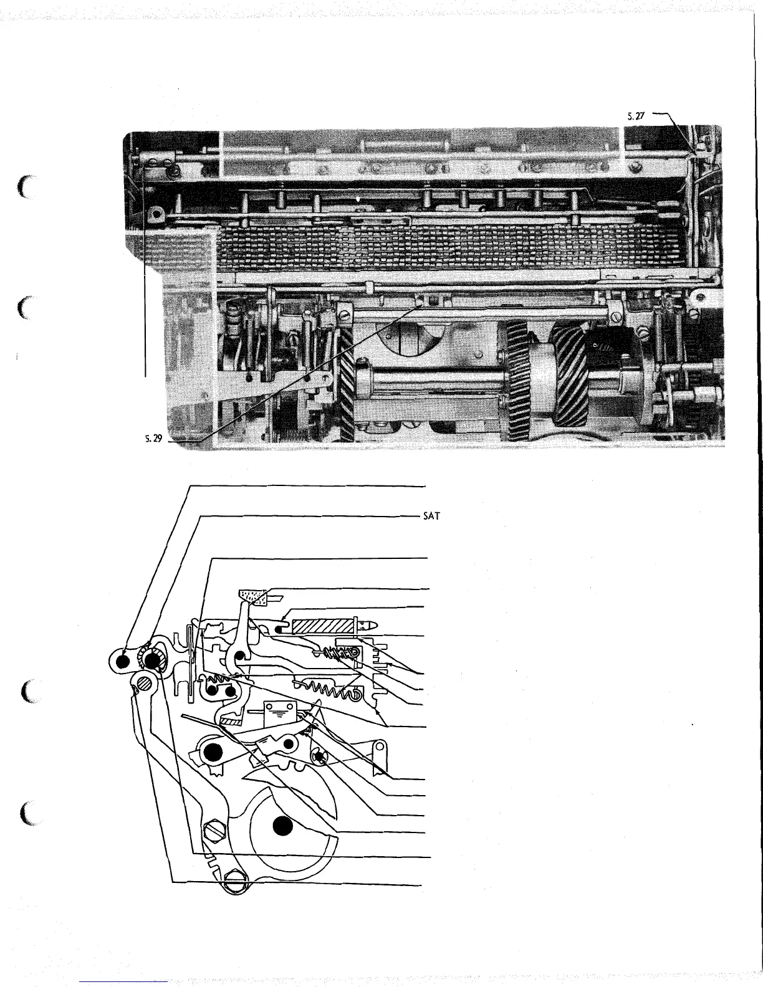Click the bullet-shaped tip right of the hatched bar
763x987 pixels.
[369, 624]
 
